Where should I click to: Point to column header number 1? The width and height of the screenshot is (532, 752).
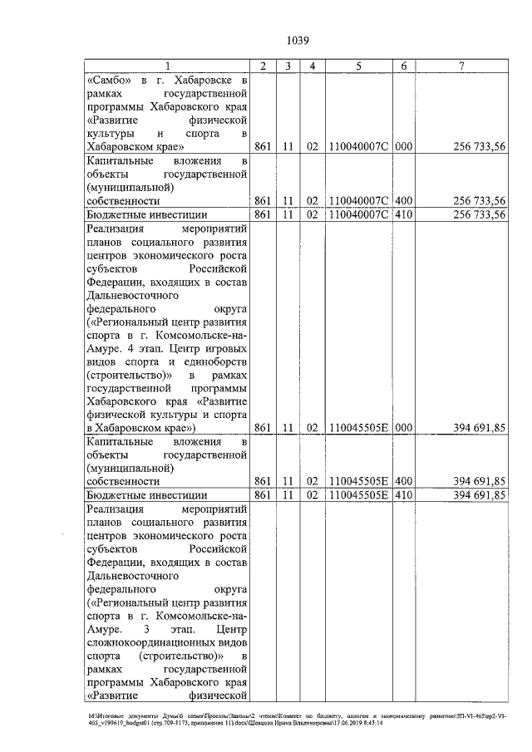tap(167, 66)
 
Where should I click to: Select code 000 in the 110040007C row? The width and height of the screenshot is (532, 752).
tap(403, 147)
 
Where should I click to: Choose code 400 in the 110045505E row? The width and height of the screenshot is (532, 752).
tap(403, 481)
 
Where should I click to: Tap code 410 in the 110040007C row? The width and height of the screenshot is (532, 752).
tap(403, 214)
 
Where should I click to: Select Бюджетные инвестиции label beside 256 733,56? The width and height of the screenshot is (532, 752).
tap(135, 214)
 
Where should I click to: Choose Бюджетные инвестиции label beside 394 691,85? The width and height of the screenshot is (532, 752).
tap(135, 495)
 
